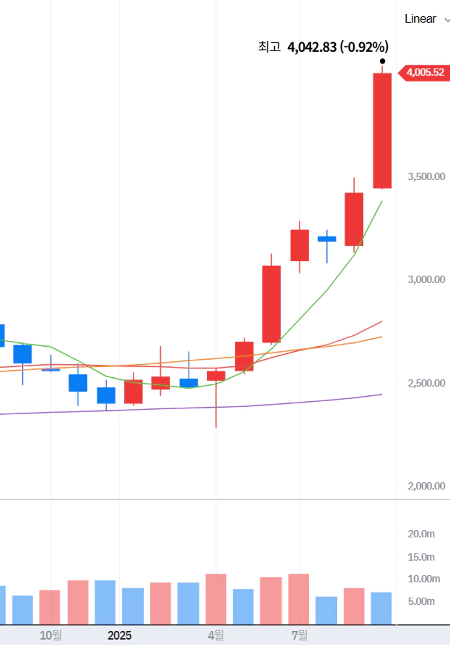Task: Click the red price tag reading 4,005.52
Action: tap(425, 72)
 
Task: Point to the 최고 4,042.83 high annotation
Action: tap(323, 47)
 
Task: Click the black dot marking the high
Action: tap(383, 61)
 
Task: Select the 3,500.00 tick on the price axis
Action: tap(427, 176)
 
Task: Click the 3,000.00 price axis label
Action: tap(427, 279)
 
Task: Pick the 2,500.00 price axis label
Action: tap(427, 383)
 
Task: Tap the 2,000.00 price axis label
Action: tap(427, 486)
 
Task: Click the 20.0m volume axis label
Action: tap(422, 534)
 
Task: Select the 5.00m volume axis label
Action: tap(422, 601)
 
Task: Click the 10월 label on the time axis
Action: tap(51, 635)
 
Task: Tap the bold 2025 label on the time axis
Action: tap(120, 635)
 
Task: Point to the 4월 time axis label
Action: tap(216, 635)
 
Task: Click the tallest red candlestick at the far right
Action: tap(382, 131)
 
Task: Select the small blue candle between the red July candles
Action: tap(327, 238)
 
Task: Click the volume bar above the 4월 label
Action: tap(216, 599)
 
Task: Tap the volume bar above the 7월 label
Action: tap(299, 599)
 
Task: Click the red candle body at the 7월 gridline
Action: tap(299, 245)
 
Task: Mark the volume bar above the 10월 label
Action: tap(50, 607)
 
